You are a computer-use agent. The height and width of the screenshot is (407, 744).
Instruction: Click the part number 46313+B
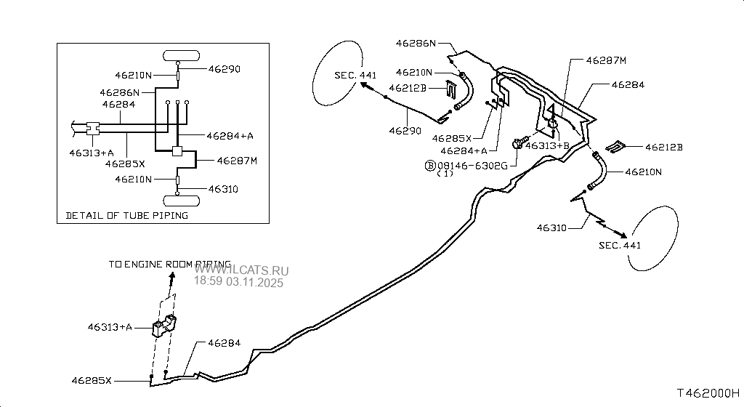[x=547, y=145]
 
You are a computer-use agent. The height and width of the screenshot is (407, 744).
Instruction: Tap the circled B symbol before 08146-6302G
[x=429, y=165]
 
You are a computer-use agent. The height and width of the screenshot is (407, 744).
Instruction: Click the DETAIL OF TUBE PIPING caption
[x=127, y=215]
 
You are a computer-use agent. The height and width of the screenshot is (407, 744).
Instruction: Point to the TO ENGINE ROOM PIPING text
[x=169, y=265]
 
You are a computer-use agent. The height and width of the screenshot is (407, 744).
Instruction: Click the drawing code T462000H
[x=708, y=393]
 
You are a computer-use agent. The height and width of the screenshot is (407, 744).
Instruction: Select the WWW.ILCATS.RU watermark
[x=240, y=270]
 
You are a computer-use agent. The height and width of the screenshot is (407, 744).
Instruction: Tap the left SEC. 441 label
[x=356, y=76]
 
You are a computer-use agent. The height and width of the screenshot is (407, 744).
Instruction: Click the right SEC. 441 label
[x=620, y=245]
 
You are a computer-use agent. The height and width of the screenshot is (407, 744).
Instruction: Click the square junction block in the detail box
[x=177, y=153]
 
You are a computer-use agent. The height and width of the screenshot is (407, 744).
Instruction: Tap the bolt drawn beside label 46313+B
[x=518, y=144]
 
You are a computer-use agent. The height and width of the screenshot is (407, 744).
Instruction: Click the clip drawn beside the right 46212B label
[x=617, y=147]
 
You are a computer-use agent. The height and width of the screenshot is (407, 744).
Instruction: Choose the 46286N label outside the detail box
[x=416, y=43]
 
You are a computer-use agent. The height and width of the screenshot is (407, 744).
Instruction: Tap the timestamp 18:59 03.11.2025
[x=239, y=281]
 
